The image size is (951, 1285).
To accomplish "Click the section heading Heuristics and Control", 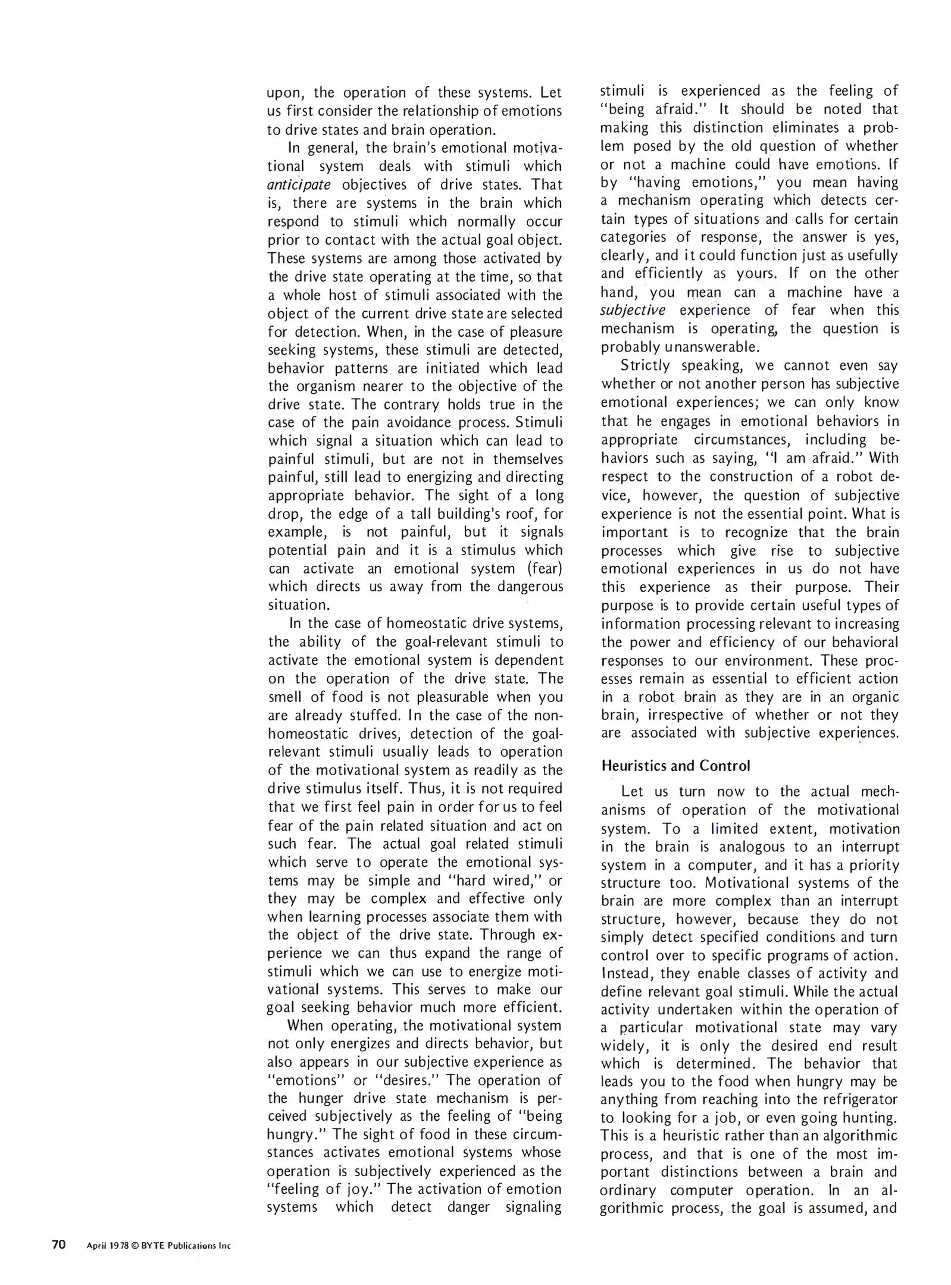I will tap(675, 766).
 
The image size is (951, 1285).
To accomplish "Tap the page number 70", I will tap(59, 1244).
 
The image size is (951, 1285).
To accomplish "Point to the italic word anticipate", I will tap(299, 185).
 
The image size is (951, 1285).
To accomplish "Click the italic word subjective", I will tap(632, 311).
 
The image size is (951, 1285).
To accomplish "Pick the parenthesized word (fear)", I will tap(544, 569).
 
